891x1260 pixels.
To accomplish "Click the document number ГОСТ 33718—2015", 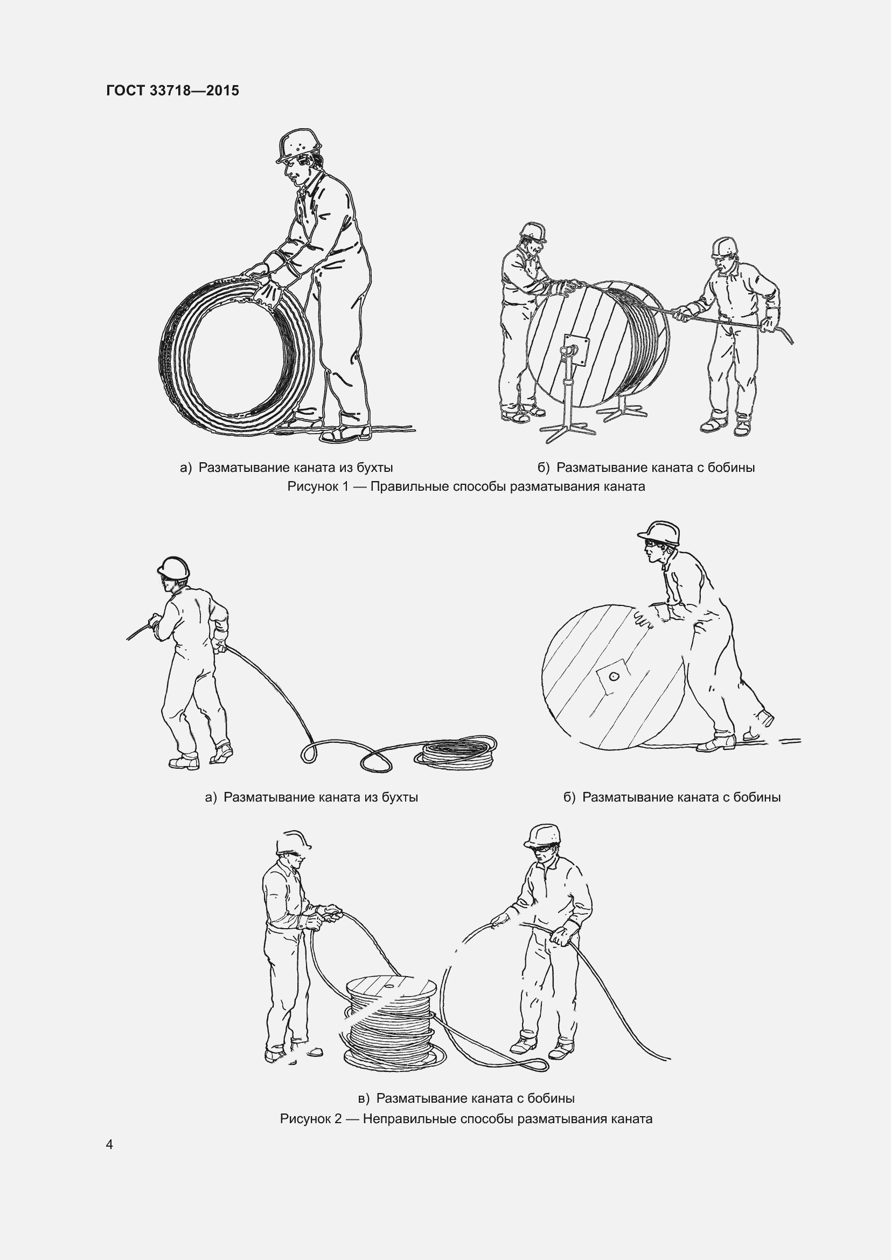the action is (173, 91).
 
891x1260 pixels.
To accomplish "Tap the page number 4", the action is (110, 1144).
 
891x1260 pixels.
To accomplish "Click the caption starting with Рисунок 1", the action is (466, 486).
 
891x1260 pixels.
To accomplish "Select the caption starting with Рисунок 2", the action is (466, 1118).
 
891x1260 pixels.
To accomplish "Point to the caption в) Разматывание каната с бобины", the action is (466, 1098).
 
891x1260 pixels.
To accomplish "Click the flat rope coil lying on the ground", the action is (455, 753).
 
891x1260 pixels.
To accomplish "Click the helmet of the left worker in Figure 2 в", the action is (293, 843).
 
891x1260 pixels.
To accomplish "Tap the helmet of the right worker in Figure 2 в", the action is (542, 836).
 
